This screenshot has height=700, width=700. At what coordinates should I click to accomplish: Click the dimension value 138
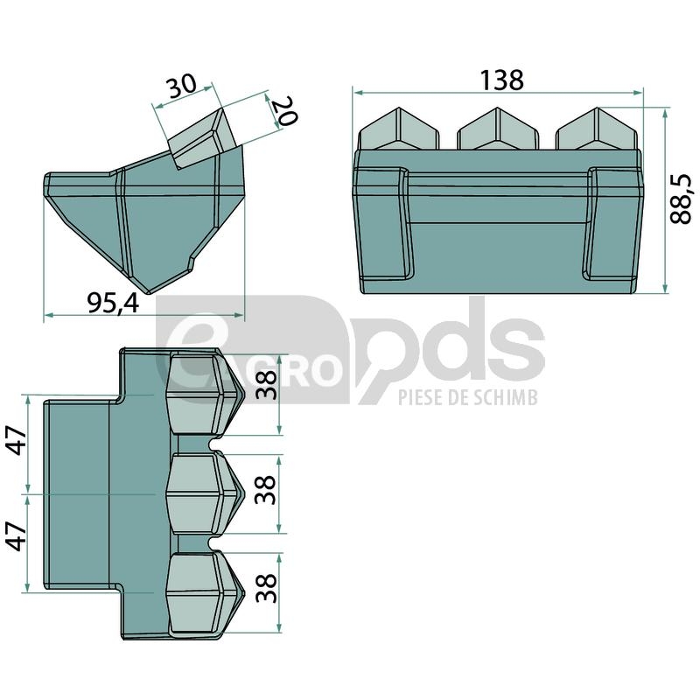coord(500,80)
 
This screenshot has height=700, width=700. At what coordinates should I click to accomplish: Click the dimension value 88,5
coord(681,199)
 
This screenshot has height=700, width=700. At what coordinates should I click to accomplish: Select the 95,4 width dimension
coord(113,304)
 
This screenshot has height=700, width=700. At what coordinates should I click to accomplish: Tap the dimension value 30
coord(181,85)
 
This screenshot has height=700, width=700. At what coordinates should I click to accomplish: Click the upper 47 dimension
coord(18,440)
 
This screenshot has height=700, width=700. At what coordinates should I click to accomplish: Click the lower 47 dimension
coord(18,536)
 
